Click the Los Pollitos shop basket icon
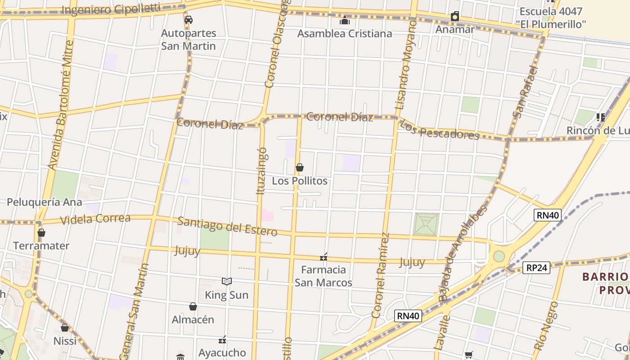[300, 168]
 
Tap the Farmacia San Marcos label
[323, 276]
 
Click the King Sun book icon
[227, 282]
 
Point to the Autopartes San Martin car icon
[189, 20]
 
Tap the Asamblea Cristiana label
[344, 34]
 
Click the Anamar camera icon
[455, 17]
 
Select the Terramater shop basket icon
[41, 233]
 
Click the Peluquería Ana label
[44, 202]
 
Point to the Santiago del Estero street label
[227, 226]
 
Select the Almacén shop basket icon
[193, 306]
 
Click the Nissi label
[65, 341]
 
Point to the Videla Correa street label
[95, 219]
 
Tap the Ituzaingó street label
[261, 171]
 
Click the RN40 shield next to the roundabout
[547, 215]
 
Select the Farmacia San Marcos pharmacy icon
[324, 257]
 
